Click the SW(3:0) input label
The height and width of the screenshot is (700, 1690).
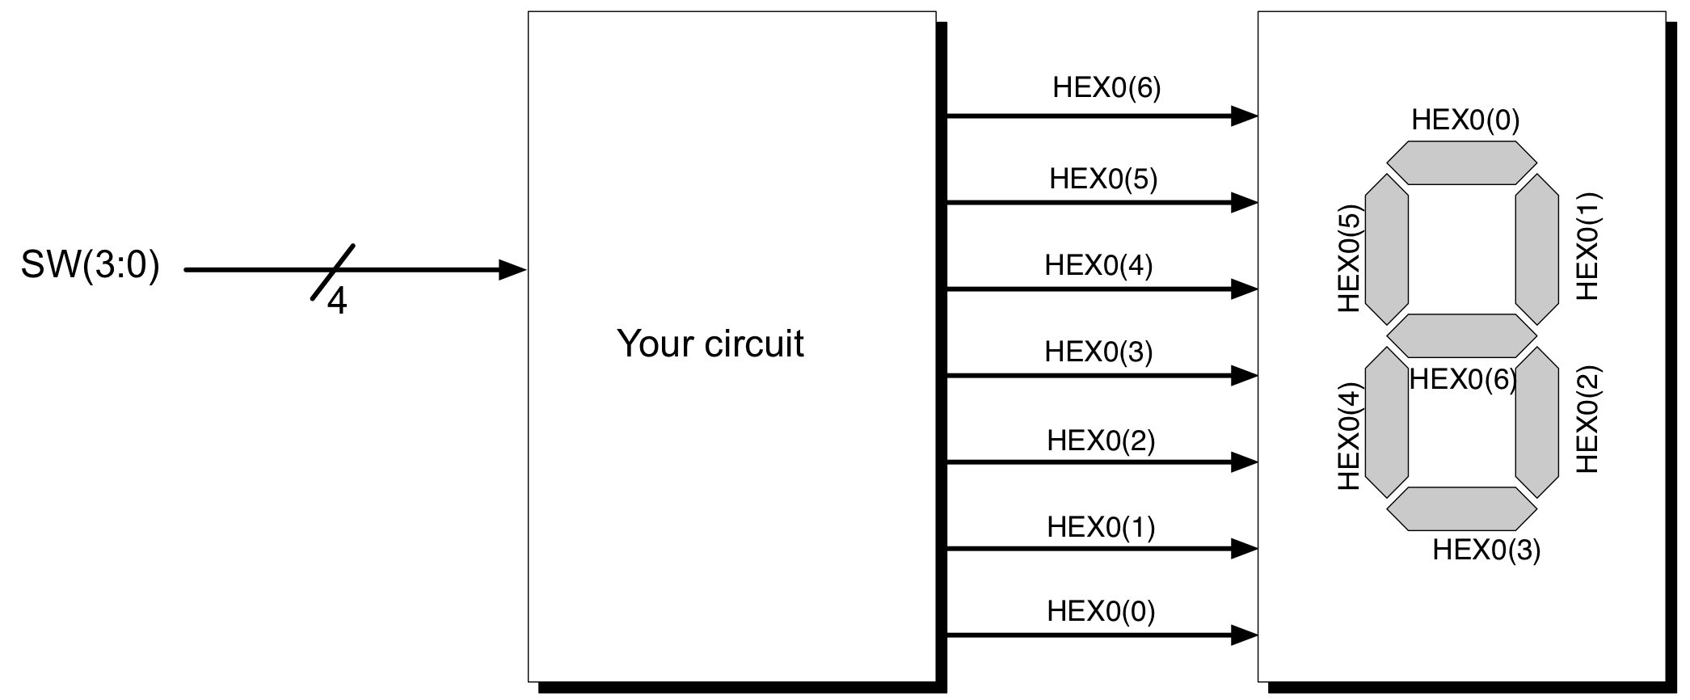click(90, 265)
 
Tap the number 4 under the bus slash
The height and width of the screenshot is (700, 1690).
click(337, 302)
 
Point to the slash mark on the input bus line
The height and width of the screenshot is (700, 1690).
click(333, 272)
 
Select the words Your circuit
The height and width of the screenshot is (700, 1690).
click(710, 344)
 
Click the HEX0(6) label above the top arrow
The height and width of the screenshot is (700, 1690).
click(1106, 88)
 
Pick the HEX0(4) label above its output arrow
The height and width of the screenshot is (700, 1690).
click(1098, 265)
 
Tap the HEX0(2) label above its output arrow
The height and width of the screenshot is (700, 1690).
click(1101, 441)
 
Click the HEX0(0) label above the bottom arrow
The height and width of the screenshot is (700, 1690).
click(1101, 611)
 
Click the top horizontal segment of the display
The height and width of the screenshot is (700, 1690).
click(1461, 162)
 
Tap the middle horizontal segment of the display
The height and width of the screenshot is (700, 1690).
click(1461, 335)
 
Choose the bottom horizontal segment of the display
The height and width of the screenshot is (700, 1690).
click(1461, 508)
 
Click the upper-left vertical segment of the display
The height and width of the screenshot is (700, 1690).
click(1387, 249)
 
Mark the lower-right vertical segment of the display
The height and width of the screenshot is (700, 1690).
click(1536, 422)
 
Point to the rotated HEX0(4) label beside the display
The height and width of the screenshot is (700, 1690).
click(1351, 436)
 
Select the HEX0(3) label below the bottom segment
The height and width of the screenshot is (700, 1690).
click(1486, 550)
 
